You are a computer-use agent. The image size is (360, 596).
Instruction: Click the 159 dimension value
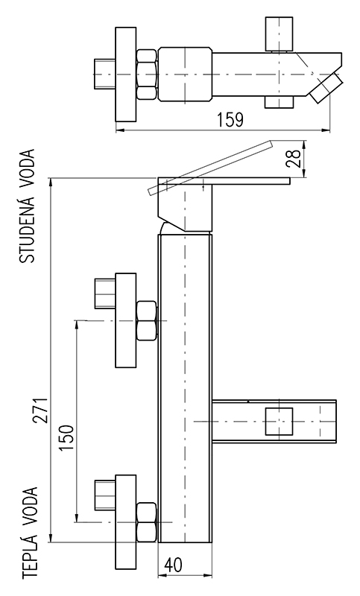coord(230,120)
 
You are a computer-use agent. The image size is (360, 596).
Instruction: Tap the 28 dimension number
coord(294,158)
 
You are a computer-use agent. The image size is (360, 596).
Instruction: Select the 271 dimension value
coord(41,410)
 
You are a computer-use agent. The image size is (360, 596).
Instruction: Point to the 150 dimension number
coord(66,437)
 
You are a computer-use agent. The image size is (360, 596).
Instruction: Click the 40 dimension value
coord(173,565)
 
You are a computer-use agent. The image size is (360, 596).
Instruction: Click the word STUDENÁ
coord(27,231)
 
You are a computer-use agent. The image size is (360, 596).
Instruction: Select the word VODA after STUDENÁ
coord(27,169)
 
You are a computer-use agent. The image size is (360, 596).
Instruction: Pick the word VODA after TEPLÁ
coord(31,507)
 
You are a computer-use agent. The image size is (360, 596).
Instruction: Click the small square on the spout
coord(280,421)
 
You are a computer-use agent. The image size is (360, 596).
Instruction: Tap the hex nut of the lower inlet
coord(146,522)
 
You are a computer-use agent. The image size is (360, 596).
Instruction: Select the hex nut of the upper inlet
coord(146,321)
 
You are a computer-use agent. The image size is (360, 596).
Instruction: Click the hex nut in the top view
coord(147,74)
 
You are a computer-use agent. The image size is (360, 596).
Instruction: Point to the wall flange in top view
coord(126,74)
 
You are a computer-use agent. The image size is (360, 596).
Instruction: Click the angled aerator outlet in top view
coord(326,88)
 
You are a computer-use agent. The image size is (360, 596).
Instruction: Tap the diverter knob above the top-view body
coord(280,34)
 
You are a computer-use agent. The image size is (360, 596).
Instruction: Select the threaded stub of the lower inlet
coord(105,495)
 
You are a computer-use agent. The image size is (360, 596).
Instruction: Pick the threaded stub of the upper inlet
coord(105,294)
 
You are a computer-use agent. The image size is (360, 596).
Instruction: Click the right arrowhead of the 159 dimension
coord(326,131)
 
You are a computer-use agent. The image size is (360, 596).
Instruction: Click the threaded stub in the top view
coord(105,74)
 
